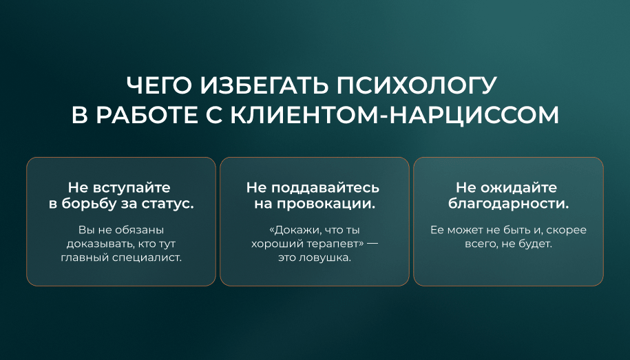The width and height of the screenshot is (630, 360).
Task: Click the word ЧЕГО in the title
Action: [160, 85]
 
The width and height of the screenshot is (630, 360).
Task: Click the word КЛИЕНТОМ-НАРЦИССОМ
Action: [395, 115]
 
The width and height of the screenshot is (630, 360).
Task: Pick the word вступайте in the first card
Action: [132, 188]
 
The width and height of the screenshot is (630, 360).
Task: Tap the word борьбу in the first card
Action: [89, 204]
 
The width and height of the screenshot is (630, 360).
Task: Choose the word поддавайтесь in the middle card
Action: [325, 188]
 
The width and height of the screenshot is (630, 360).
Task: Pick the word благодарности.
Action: [508, 204]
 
